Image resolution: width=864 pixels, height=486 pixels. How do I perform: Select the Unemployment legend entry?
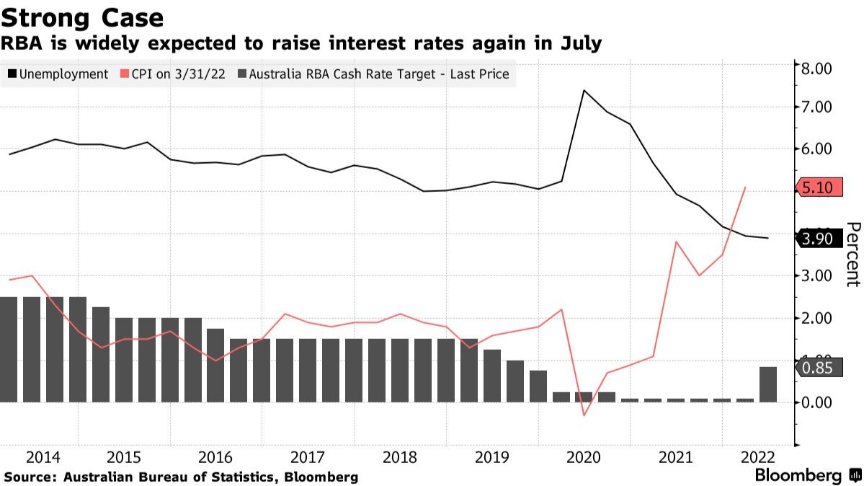tap(58, 74)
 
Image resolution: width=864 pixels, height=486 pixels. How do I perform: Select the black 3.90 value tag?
tap(817, 239)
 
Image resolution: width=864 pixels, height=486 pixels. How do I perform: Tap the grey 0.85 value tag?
tap(817, 369)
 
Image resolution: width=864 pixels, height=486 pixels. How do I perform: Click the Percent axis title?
tap(852, 255)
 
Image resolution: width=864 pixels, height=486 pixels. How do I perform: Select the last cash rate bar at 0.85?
tap(768, 384)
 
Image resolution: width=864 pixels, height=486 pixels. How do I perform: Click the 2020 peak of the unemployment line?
tap(584, 90)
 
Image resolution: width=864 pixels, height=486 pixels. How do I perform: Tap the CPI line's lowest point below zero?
tap(584, 415)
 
